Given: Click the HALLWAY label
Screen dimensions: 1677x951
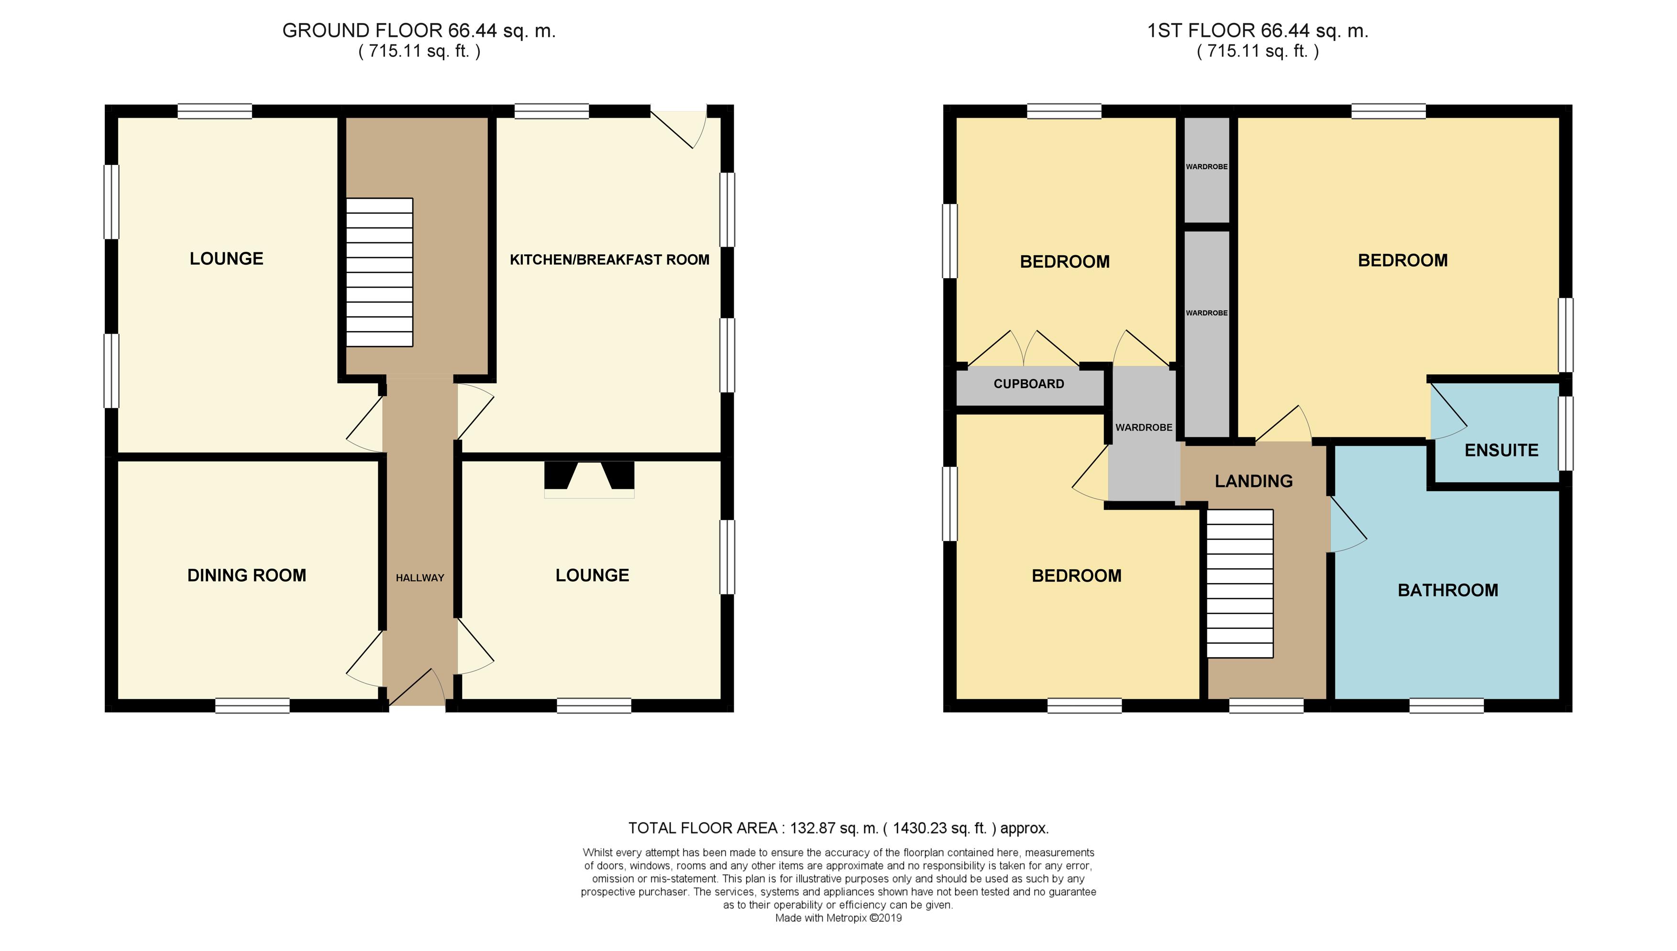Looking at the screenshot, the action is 419,577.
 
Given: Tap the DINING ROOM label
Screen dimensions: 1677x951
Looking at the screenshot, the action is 246,575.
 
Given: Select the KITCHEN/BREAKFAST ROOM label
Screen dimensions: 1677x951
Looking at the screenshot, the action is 609,260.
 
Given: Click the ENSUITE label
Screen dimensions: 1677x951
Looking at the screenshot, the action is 1501,450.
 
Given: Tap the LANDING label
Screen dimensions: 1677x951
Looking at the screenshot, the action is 1254,481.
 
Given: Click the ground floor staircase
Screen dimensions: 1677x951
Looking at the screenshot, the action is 379,272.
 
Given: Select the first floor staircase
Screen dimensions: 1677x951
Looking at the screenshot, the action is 1240,584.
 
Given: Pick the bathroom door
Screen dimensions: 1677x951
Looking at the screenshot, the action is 1347,525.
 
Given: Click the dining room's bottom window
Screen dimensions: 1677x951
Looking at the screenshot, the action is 252,705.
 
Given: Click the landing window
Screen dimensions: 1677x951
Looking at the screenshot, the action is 1266,705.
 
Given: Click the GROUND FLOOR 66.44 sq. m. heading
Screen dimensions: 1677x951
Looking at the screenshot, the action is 419,31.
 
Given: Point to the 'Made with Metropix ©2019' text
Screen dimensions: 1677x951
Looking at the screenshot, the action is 838,918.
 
